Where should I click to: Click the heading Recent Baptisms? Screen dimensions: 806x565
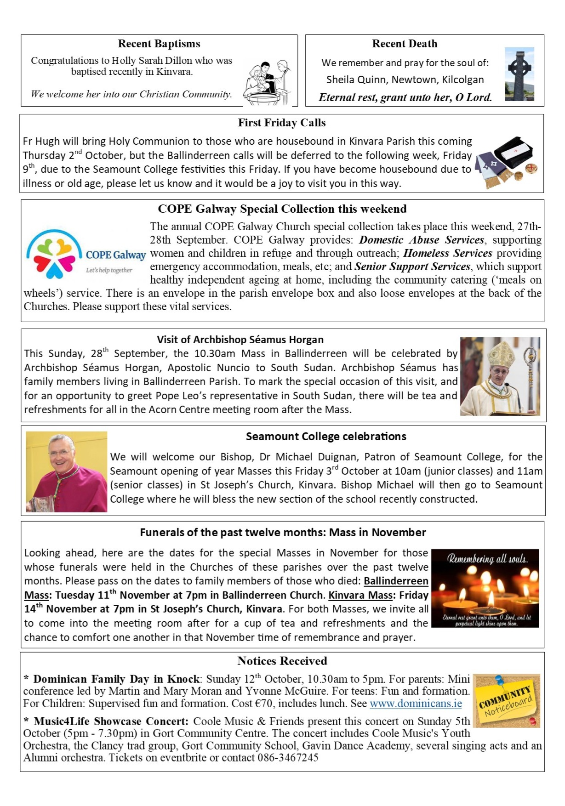click(159, 44)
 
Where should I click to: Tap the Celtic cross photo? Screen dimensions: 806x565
click(519, 74)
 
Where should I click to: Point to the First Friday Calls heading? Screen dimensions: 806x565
click(281, 123)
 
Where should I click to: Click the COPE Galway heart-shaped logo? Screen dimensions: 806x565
click(52, 255)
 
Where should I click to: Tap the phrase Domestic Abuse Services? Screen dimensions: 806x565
click(421, 240)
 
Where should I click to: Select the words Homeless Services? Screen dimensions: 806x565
click(447, 253)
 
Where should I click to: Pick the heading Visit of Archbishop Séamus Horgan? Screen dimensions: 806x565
click(240, 340)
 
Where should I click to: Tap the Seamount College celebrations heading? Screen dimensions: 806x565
click(326, 437)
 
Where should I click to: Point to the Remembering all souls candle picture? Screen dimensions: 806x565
click(485, 588)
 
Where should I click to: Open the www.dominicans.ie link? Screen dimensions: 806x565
click(416, 704)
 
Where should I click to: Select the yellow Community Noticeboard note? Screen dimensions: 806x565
click(506, 701)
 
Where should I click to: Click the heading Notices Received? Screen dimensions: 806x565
click(282, 661)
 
